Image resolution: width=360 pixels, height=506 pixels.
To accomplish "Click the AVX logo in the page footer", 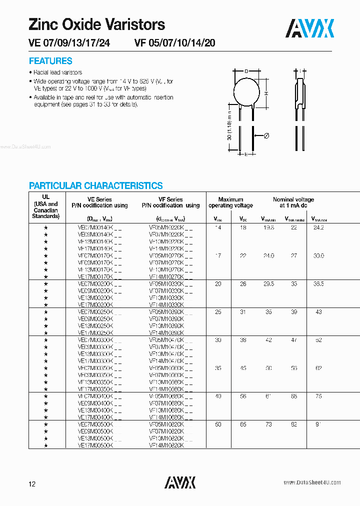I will [x=180, y=482].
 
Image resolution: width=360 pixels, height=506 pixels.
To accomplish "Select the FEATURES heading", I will [x=50, y=61].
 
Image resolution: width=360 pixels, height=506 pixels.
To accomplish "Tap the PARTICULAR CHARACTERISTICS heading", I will [x=95, y=185].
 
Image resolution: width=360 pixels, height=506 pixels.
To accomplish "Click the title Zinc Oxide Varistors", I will [x=96, y=24].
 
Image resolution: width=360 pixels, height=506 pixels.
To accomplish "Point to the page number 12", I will [x=32, y=483].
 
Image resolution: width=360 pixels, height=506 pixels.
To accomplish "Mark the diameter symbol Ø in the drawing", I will [x=266, y=136].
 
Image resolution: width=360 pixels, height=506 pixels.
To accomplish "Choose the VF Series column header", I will [x=170, y=202].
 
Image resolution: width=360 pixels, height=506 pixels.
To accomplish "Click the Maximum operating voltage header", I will [x=230, y=202].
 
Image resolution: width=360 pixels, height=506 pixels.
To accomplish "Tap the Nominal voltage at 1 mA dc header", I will [x=293, y=202].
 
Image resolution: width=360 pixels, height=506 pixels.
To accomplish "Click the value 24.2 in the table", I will [x=318, y=227].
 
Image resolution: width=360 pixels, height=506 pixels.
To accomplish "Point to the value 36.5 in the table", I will [x=318, y=283].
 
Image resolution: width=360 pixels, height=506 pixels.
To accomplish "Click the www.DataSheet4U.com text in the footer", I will [x=312, y=482].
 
